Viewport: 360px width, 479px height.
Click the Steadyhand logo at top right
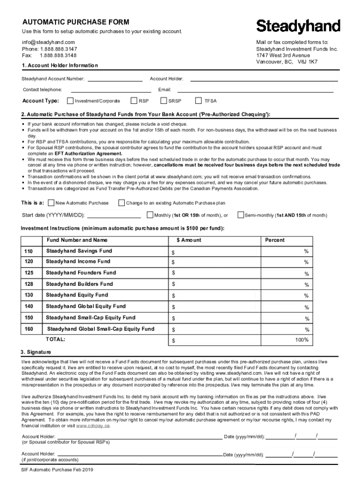[298, 26]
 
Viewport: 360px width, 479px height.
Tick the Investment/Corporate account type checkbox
[71, 101]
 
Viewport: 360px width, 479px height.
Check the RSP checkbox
[134, 101]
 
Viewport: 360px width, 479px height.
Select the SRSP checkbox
[164, 101]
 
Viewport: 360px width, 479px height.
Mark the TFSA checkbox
[198, 101]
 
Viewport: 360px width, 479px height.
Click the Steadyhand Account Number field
[115, 79]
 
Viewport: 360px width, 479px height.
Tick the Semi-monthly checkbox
[241, 215]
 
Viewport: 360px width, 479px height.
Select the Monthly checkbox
[150, 215]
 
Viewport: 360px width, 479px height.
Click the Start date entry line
[114, 215]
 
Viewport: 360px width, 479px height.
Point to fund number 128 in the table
[29, 284]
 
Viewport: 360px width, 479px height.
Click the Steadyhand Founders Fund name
[81, 273]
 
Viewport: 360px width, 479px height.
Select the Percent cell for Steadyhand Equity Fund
[286, 295]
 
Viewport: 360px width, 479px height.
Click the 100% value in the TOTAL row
[302, 340]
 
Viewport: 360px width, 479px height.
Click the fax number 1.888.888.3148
[58, 55]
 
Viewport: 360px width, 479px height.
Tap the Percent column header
[274, 240]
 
